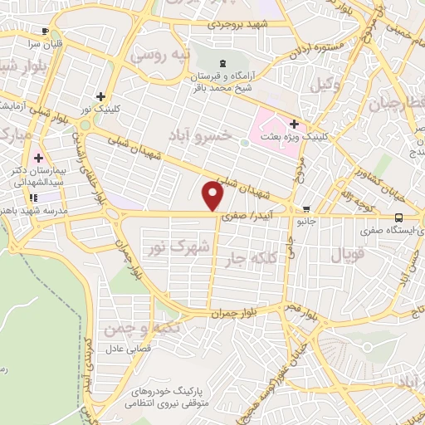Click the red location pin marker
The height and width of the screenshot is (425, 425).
click(214, 196)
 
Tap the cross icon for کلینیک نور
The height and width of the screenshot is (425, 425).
click(101, 96)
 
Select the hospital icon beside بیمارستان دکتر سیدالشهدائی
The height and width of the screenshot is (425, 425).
click(37, 158)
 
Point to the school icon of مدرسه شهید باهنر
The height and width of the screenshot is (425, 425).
click(33, 198)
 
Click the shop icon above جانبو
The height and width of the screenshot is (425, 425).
click(308, 209)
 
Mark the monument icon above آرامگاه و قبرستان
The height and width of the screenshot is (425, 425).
click(221, 63)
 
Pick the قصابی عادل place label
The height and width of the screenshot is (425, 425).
click(127, 348)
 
